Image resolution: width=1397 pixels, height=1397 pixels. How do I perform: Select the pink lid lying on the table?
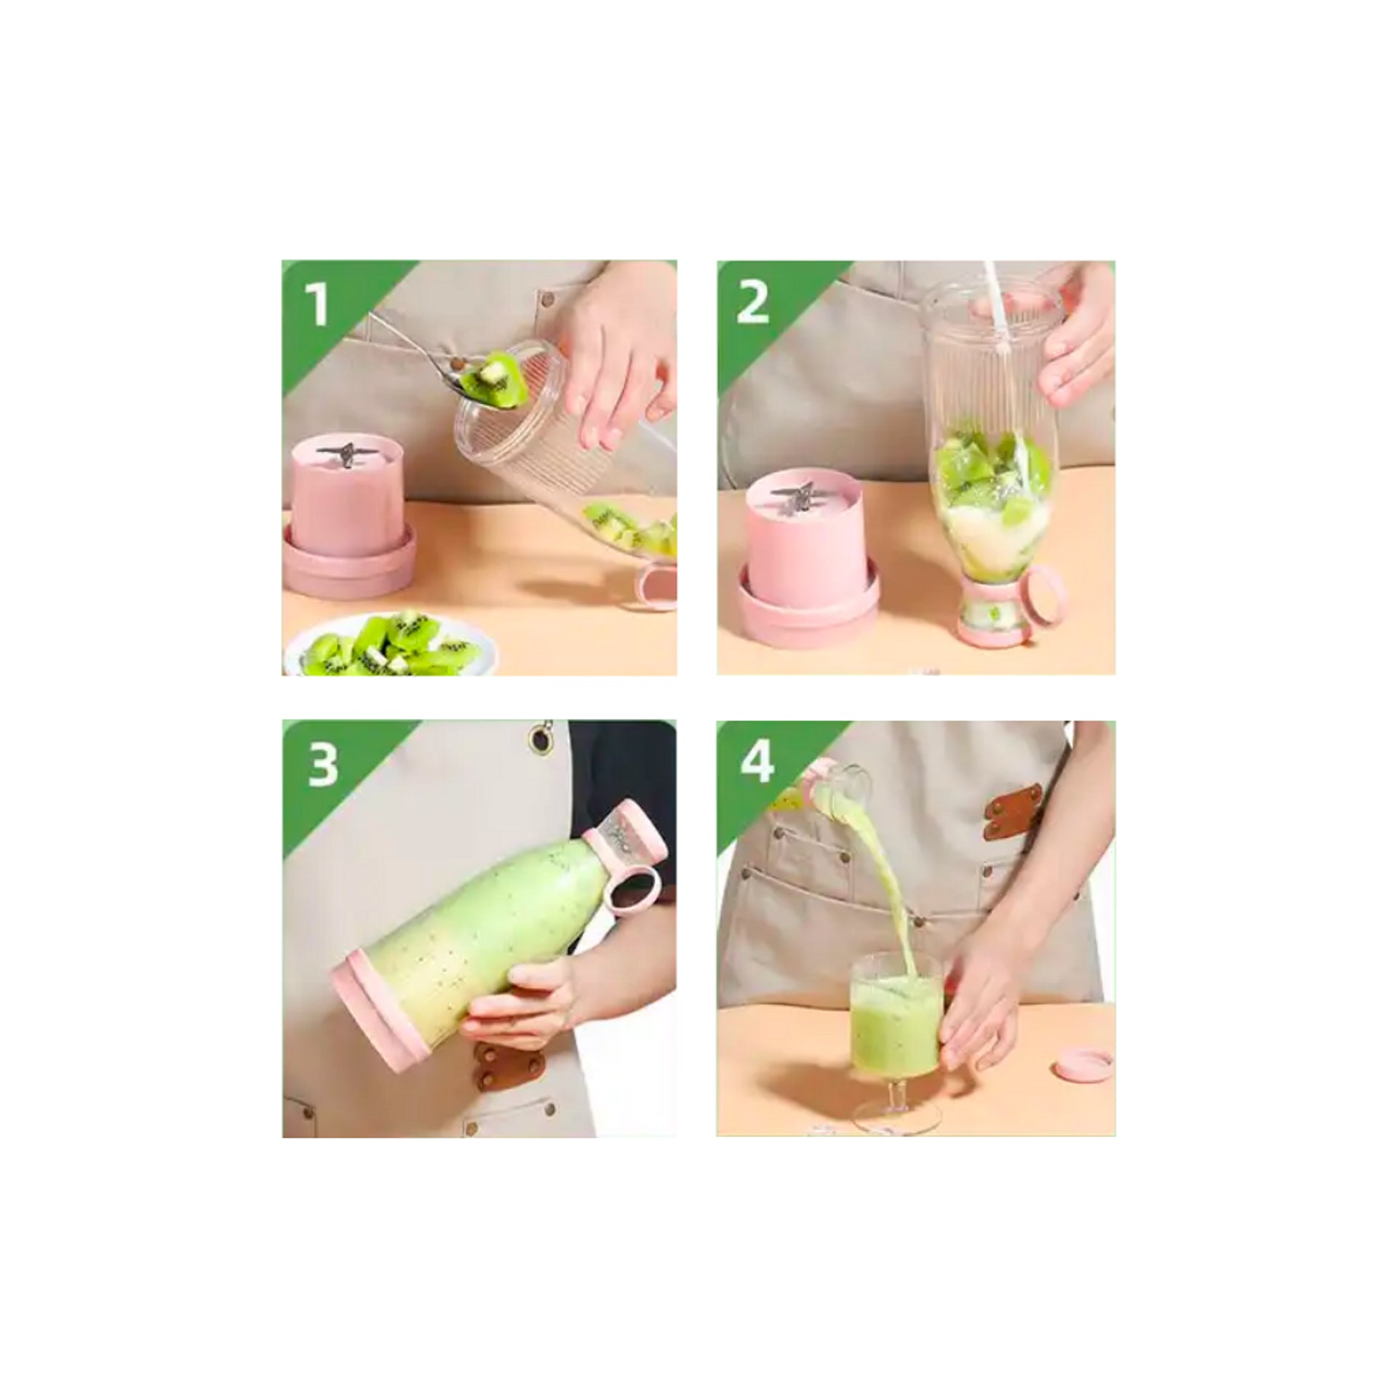pos(1083,1069)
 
